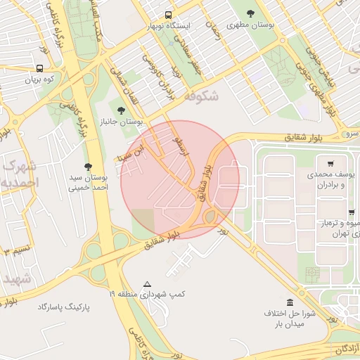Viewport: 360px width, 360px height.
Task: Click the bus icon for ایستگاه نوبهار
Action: coord(168,15)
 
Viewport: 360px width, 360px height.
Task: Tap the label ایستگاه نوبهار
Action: coord(168,26)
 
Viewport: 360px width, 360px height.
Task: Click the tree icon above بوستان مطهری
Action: coord(251,13)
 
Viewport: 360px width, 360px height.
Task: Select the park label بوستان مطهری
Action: coord(252,25)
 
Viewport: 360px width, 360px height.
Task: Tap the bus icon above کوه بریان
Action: coord(39,69)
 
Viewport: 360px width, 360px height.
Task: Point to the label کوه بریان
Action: coord(39,80)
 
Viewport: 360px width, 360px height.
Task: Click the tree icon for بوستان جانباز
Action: coord(121,110)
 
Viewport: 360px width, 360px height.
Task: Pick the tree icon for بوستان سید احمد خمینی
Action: coord(88,167)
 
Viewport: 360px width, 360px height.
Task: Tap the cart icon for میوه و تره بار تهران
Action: coord(352,212)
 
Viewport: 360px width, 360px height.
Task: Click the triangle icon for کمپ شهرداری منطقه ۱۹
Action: coord(147,285)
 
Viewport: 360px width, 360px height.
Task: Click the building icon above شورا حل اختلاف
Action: coord(290,302)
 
